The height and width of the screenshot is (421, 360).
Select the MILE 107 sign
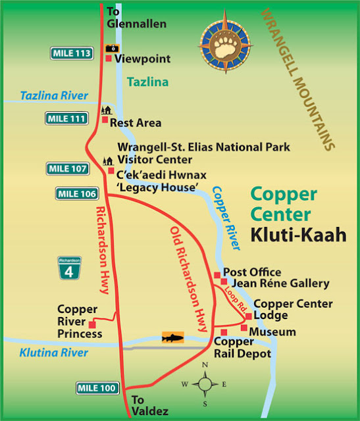coord(67,169)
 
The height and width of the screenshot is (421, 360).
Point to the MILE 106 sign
coord(76,193)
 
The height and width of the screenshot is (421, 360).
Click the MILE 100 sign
coord(96,387)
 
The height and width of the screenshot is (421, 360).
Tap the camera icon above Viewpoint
coord(112,49)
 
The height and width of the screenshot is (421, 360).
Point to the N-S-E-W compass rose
coord(206,384)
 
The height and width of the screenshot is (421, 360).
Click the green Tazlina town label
coord(147,82)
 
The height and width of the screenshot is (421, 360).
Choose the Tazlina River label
coord(54,96)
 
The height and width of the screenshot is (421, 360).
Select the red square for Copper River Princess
coord(91,323)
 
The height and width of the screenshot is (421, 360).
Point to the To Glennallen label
coord(136,18)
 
